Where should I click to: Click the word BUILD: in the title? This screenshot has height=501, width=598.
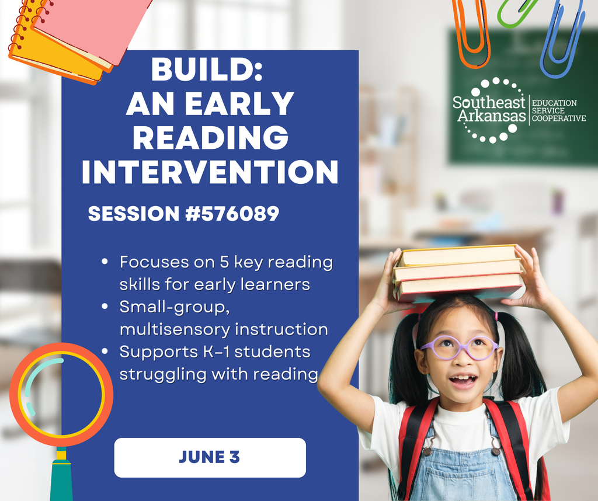point(207,69)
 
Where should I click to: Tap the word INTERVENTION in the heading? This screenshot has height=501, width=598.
point(210,172)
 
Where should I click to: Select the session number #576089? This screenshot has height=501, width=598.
point(232,214)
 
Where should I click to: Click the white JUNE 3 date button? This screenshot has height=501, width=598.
point(210,458)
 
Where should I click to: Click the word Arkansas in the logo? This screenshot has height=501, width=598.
point(492,116)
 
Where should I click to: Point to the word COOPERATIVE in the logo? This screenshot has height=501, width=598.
point(559,119)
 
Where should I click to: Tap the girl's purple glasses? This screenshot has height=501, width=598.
point(459,348)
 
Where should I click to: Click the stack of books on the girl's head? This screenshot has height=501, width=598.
point(458,273)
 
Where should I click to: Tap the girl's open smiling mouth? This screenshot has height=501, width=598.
point(463,380)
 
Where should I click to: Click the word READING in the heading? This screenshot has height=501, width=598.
point(210,138)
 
